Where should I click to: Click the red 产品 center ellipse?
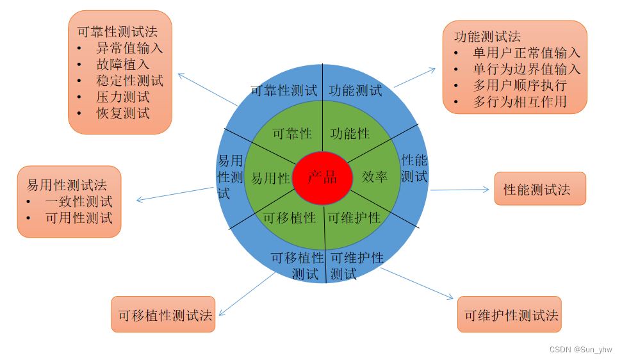point(322,177)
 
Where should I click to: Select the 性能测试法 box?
point(540,189)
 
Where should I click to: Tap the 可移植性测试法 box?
point(163,315)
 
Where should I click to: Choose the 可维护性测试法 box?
point(509,315)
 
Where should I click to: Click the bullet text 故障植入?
point(123,64)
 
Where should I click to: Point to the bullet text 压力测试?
point(123,97)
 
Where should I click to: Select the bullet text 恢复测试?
point(123,113)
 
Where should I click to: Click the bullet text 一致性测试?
point(79,202)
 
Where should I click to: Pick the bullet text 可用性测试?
point(79,218)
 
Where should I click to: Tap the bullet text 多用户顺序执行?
point(520,85)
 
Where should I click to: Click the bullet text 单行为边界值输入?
point(527,69)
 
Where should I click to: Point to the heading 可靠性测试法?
point(117,31)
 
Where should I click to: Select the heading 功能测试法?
point(487,36)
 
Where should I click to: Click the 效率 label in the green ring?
point(375,177)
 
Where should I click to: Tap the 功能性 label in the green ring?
point(350,134)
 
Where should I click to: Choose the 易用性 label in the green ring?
point(270,179)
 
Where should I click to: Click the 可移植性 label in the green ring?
point(290,218)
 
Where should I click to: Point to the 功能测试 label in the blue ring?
point(356,91)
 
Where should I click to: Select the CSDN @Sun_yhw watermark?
point(580,349)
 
